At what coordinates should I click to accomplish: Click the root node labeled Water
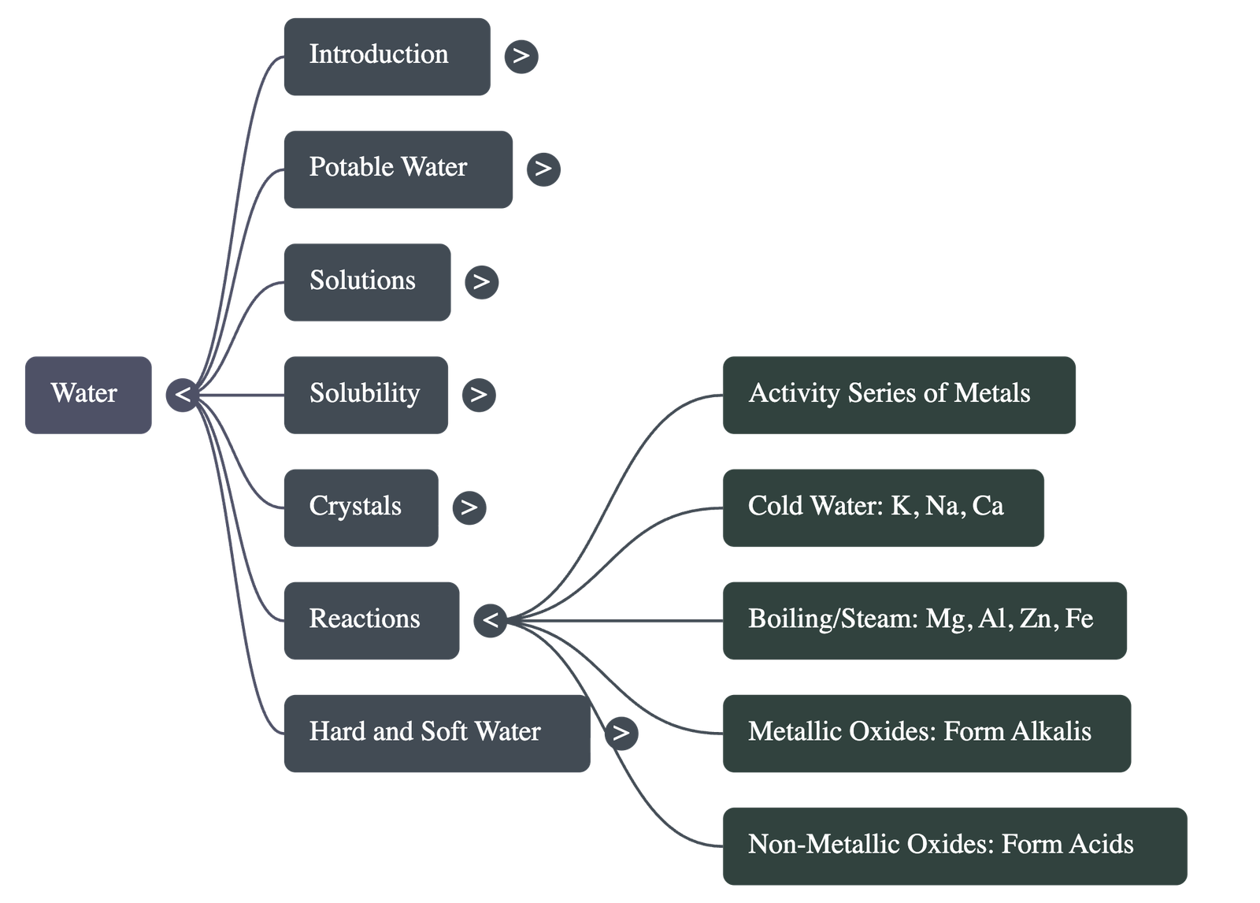click(87, 394)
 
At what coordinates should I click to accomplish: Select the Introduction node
click(386, 57)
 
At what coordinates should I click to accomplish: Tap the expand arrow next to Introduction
click(521, 57)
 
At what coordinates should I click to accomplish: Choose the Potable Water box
click(397, 169)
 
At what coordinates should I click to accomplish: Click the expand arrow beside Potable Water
click(543, 169)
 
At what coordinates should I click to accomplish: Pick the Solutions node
click(366, 282)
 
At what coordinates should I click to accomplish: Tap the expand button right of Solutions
click(481, 282)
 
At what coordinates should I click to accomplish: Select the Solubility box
click(365, 394)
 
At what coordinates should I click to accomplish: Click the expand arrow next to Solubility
click(479, 394)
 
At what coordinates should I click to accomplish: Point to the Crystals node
click(360, 507)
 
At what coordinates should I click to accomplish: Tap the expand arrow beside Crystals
click(469, 507)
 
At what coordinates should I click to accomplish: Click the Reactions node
click(371, 620)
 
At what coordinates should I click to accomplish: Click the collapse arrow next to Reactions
click(490, 620)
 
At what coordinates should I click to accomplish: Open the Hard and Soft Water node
click(436, 733)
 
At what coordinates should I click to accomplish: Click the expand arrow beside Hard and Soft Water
click(621, 733)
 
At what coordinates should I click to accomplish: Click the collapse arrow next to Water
click(182, 394)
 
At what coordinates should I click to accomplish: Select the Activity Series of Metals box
click(898, 394)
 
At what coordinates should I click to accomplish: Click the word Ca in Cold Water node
click(988, 506)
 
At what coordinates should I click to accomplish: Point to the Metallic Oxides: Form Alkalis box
click(926, 733)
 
